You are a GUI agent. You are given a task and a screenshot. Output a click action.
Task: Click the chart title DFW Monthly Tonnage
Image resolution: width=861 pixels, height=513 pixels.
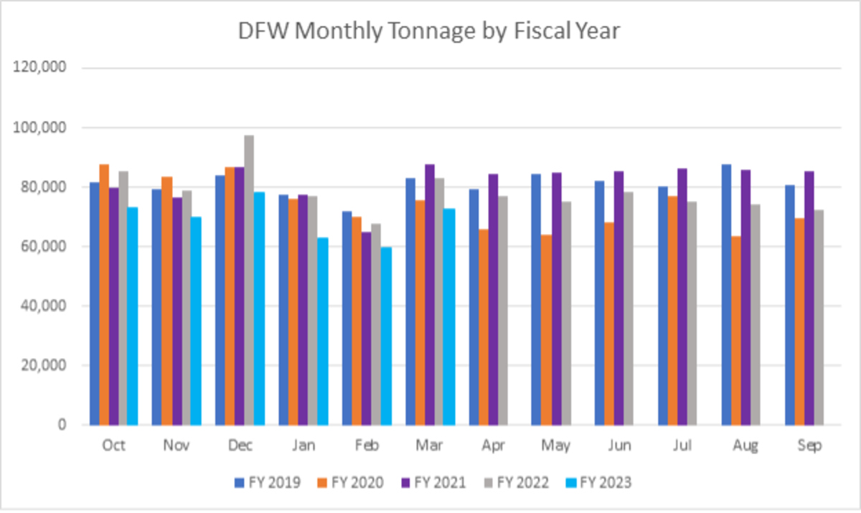[430, 32]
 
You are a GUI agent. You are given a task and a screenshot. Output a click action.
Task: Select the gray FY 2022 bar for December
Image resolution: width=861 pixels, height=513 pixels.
[249, 280]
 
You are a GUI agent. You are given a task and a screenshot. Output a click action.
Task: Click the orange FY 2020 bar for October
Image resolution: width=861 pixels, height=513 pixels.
[104, 294]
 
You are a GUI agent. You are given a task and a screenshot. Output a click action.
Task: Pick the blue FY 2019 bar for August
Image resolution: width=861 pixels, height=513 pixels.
[726, 294]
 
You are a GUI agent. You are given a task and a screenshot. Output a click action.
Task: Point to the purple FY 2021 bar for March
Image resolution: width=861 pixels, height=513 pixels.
[429, 294]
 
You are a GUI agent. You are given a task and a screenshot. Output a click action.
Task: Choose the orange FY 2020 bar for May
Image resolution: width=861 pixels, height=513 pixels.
[545, 330]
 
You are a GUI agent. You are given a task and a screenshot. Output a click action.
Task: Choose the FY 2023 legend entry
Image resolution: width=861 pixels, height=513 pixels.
[598, 482]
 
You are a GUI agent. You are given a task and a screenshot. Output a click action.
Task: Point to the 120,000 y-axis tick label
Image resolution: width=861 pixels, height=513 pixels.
[45, 68]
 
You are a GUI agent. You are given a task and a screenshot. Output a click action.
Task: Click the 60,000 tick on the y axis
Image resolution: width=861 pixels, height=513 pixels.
[48, 247]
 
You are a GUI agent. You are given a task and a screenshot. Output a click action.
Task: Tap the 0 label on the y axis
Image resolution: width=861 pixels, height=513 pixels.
[63, 425]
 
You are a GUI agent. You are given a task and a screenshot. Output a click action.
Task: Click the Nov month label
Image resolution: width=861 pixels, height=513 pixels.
[176, 446]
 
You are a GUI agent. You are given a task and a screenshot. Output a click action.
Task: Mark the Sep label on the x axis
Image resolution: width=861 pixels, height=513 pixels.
[809, 446]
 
